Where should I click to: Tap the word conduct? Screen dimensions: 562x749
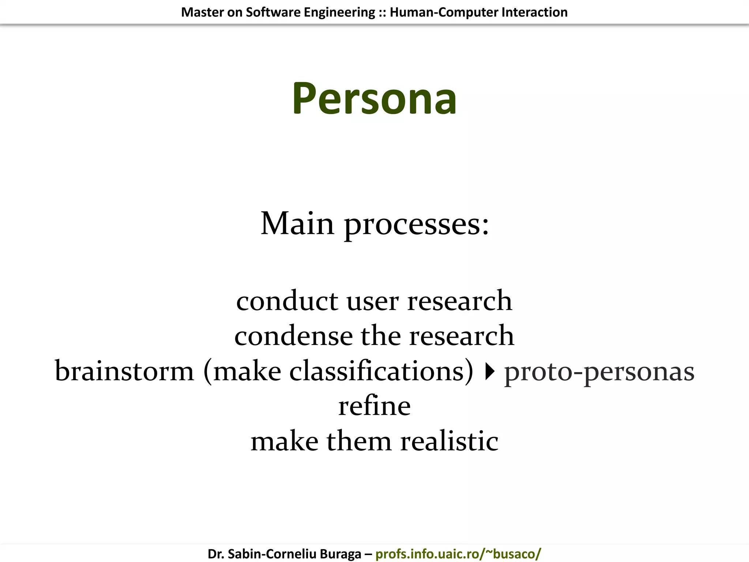[287, 301]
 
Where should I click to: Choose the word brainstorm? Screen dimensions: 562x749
[124, 371]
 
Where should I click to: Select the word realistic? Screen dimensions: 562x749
[449, 441]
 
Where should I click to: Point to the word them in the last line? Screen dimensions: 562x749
[359, 441]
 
